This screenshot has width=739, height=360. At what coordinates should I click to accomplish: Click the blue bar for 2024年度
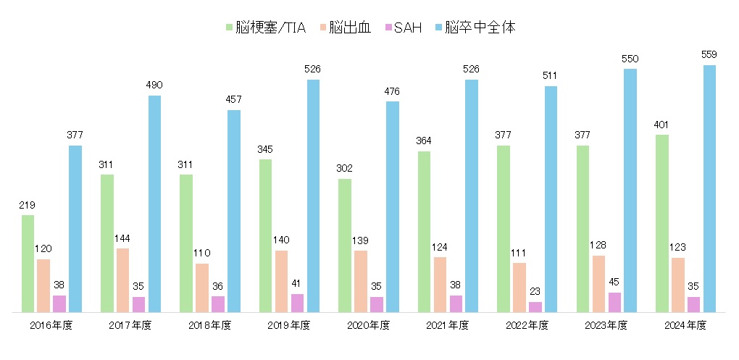709,188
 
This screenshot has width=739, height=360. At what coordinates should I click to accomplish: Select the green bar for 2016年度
28,264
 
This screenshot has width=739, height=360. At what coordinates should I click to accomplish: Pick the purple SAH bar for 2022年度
535,307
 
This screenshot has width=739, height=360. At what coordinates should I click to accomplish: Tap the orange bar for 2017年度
123,280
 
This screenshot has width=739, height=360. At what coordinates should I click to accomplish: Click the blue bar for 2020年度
392,206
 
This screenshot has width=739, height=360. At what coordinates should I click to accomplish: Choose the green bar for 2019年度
265,235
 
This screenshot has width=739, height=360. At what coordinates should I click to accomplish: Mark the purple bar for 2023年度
614,302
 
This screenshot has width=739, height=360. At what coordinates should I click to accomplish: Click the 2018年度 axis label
210,325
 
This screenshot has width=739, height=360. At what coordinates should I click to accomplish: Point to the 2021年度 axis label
448,325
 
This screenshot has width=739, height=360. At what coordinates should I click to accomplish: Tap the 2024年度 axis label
685,325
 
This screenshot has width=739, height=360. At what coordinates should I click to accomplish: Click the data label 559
709,54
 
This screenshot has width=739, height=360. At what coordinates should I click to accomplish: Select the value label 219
28,205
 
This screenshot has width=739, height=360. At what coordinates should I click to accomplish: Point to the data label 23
535,292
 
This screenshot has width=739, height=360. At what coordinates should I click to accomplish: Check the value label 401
661,125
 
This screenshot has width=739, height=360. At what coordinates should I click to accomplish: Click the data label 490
154,85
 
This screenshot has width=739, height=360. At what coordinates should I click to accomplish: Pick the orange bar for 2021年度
440,285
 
